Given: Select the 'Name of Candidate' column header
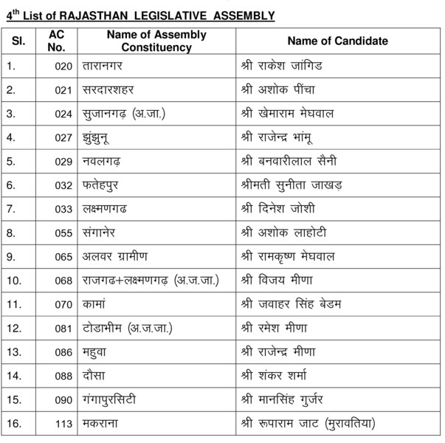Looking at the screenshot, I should pyautogui.click(x=337, y=41).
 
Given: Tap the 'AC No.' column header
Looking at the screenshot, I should pyautogui.click(x=56, y=41).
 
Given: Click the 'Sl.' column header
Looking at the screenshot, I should pyautogui.click(x=18, y=41).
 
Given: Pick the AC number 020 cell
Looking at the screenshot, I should pyautogui.click(x=63, y=67).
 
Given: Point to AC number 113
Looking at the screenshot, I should pyautogui.click(x=63, y=423).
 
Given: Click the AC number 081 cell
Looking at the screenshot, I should pyautogui.click(x=63, y=328).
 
